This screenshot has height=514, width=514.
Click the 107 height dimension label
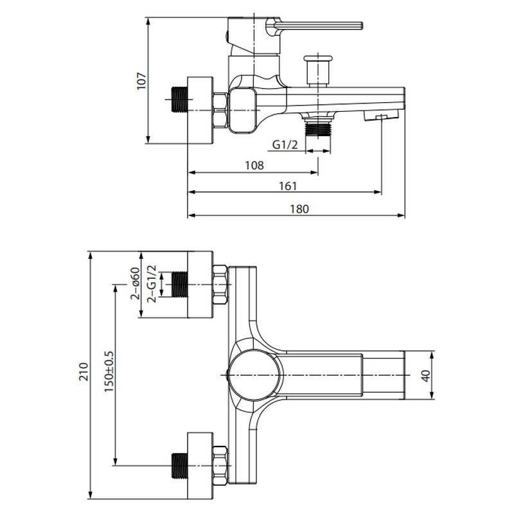141,81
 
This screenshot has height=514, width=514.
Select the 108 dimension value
254,166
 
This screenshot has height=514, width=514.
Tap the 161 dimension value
288,186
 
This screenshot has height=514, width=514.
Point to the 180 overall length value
299,209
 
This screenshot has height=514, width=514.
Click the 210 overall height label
84,371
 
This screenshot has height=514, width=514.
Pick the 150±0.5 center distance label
109,371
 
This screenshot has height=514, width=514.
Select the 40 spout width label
425,376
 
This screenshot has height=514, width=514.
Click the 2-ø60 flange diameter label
135,283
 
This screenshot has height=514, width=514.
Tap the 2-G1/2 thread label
152,284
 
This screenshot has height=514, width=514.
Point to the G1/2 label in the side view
285,144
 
